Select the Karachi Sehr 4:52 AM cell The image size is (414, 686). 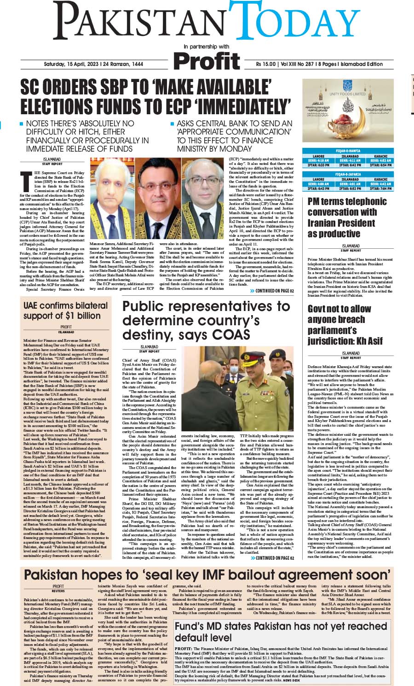380,160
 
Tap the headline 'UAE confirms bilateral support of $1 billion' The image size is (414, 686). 66,311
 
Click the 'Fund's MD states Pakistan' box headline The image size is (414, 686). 281,632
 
